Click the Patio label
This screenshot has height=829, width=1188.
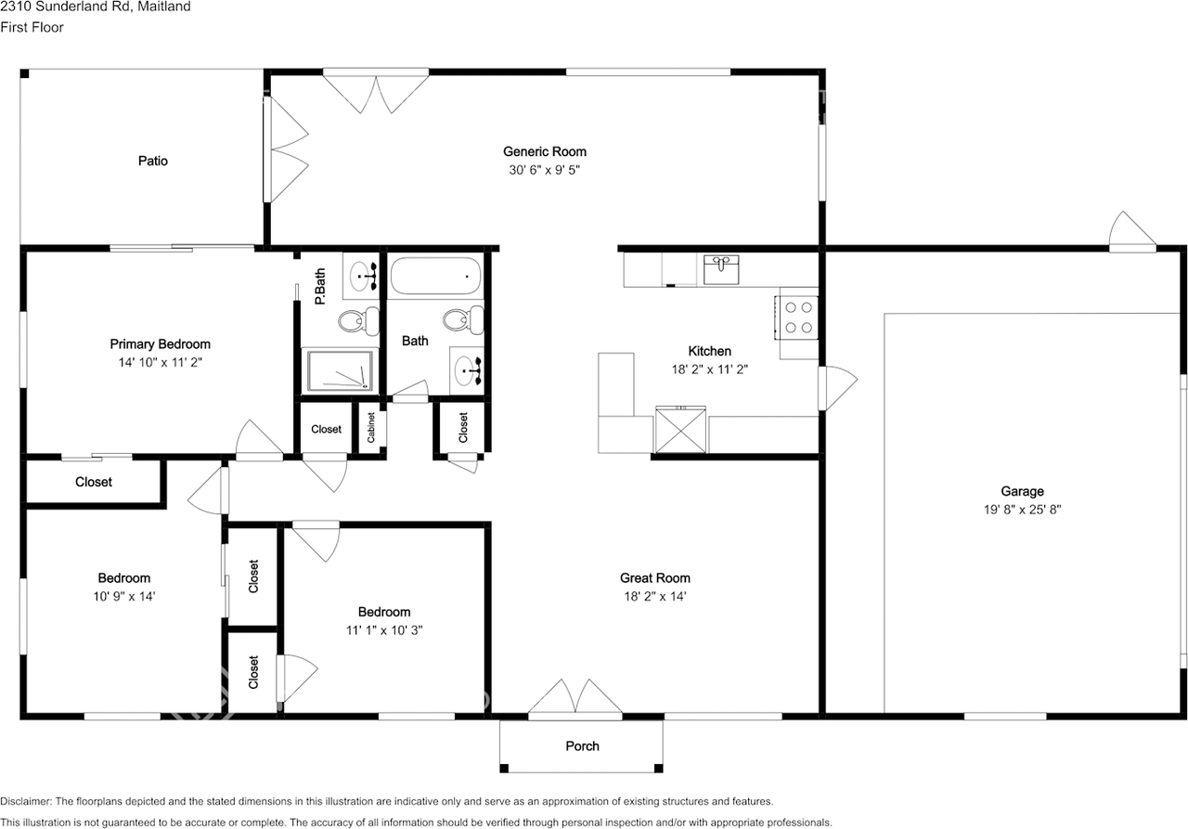(x=153, y=161)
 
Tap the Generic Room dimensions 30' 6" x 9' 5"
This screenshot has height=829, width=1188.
(x=544, y=170)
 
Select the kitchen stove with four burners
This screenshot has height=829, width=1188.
(x=798, y=316)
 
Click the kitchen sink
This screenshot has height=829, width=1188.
(x=720, y=271)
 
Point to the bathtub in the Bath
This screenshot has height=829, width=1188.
(x=435, y=276)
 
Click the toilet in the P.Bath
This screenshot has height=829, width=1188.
(x=357, y=321)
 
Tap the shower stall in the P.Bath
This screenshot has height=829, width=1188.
(x=340, y=369)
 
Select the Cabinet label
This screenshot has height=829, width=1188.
(x=371, y=427)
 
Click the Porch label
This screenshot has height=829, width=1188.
(x=582, y=746)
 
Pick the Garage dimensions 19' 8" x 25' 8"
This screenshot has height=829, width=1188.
(x=1022, y=510)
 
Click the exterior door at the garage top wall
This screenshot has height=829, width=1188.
(x=1132, y=234)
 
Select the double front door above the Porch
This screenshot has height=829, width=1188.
(x=575, y=698)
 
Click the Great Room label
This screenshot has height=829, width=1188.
(x=655, y=577)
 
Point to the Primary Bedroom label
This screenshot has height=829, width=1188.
(x=160, y=344)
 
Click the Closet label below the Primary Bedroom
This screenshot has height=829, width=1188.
(x=93, y=482)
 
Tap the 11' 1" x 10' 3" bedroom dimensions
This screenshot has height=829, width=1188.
(x=384, y=629)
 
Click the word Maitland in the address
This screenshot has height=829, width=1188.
(x=166, y=7)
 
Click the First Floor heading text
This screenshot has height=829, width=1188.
(x=32, y=28)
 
